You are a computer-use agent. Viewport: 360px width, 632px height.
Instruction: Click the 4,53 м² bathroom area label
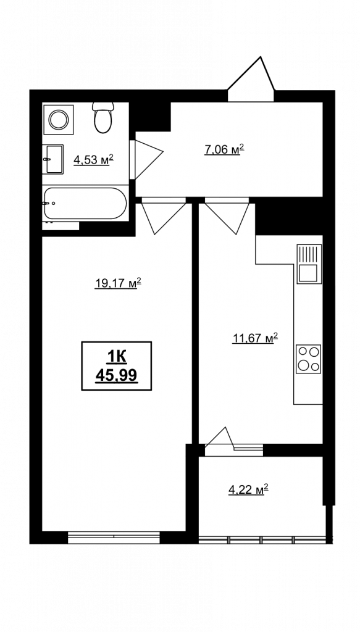[93, 160]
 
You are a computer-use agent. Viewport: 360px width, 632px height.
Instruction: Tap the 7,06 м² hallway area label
[225, 149]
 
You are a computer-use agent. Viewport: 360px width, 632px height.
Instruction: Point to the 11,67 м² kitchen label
[256, 338]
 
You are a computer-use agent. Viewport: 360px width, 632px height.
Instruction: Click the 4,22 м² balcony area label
[248, 489]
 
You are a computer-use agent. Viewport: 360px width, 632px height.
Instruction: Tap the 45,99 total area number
[117, 376]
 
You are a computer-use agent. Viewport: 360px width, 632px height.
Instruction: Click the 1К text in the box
[117, 357]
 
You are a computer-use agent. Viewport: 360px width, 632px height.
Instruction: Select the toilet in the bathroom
[103, 117]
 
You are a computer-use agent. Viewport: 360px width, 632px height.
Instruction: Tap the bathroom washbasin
[53, 159]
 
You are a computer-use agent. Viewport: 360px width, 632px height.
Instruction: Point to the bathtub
[85, 204]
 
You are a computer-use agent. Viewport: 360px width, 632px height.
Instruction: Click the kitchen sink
[309, 264]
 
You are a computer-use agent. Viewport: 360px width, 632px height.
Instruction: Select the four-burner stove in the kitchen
[308, 359]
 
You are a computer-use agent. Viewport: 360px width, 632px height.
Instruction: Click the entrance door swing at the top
[251, 80]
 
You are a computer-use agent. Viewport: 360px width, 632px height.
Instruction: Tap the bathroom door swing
[146, 159]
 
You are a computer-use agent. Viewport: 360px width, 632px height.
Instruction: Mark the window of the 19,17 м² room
[114, 538]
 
